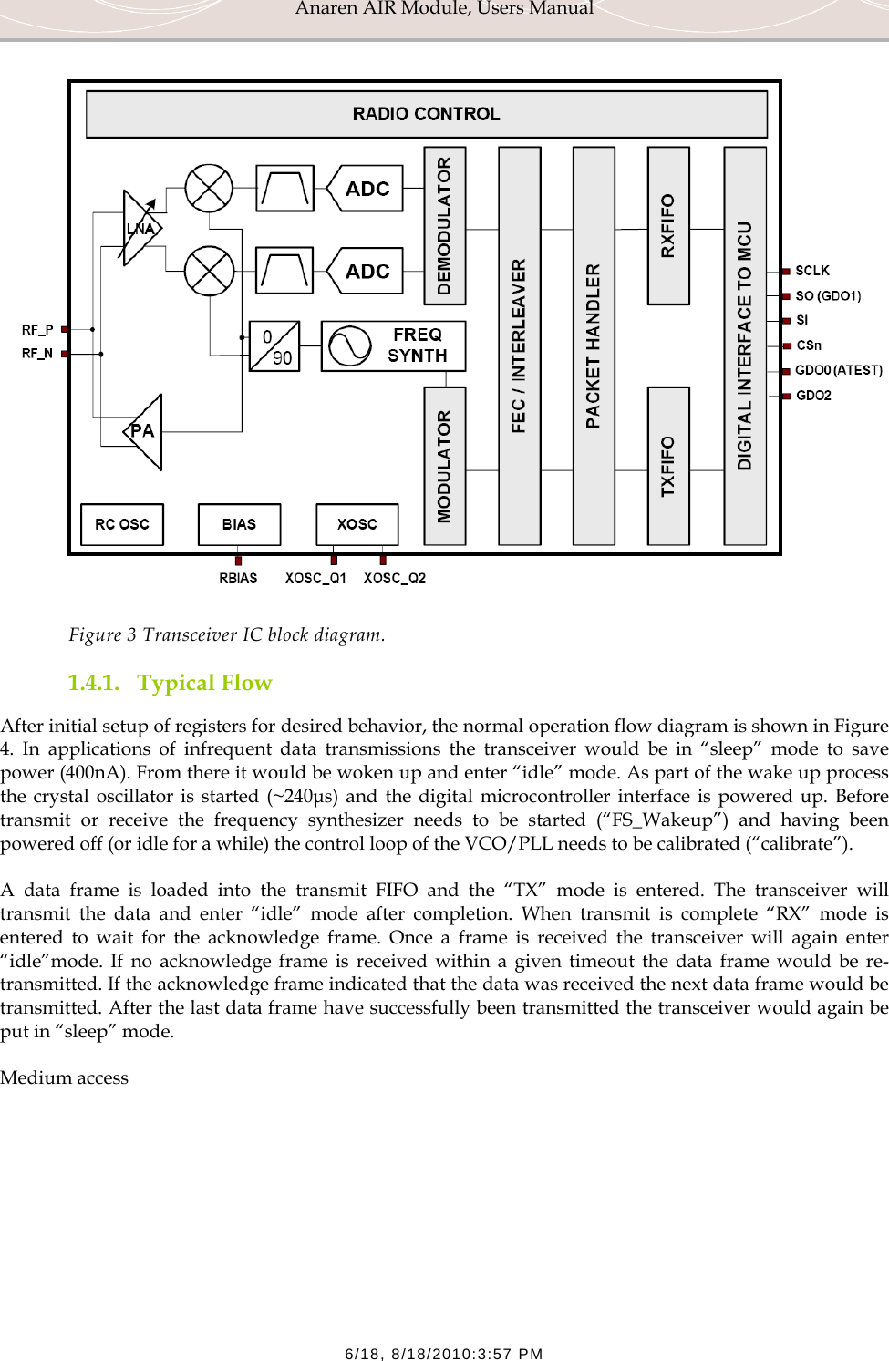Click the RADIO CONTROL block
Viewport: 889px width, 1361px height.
point(426,114)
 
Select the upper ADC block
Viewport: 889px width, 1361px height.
point(366,189)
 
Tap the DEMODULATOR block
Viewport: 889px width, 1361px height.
point(445,225)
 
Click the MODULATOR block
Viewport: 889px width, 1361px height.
point(445,466)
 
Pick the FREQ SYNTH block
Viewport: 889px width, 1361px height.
point(394,345)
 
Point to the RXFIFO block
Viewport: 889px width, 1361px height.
point(667,225)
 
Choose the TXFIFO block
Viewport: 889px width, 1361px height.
point(667,466)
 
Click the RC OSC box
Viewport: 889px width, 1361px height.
point(122,524)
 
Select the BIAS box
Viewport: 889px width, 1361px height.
point(239,524)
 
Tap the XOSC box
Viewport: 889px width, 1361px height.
point(357,524)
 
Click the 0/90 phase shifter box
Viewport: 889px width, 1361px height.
point(274,345)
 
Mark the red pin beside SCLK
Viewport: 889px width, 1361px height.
point(786,271)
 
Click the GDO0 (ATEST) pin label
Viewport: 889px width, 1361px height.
point(839,370)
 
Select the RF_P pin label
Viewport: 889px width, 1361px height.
point(37,329)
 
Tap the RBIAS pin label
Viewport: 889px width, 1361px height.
point(238,578)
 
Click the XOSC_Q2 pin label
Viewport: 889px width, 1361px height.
point(395,578)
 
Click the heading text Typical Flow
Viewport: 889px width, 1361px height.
point(204,683)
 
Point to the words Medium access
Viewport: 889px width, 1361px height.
point(65,1077)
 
